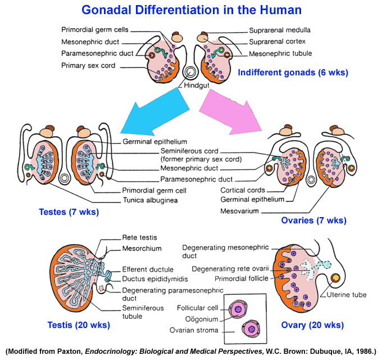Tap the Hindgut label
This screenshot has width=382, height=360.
tap(197, 85)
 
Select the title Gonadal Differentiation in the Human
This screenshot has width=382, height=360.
tap(192, 10)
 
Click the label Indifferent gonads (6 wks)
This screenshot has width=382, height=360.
tap(293, 73)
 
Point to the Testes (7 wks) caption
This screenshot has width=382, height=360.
tap(69, 211)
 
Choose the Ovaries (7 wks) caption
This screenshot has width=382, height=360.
tap(314, 220)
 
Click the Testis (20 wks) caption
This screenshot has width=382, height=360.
tap(79, 325)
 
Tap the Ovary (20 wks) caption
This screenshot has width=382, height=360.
tap(312, 325)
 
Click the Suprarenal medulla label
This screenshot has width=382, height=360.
tap(280, 30)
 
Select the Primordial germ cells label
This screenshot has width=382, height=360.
tap(95, 30)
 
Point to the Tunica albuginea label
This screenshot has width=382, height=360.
tap(151, 200)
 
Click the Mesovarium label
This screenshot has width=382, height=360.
tap(239, 211)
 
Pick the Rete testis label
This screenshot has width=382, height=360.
tap(139, 237)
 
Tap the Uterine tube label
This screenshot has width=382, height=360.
tap(347, 295)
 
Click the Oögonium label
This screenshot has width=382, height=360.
tap(202, 319)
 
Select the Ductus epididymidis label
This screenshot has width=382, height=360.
tap(155, 279)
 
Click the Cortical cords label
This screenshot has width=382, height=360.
tap(243, 190)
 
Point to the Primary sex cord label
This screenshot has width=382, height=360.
tap(88, 66)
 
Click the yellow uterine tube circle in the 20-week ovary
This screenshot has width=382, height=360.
tap(336, 278)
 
